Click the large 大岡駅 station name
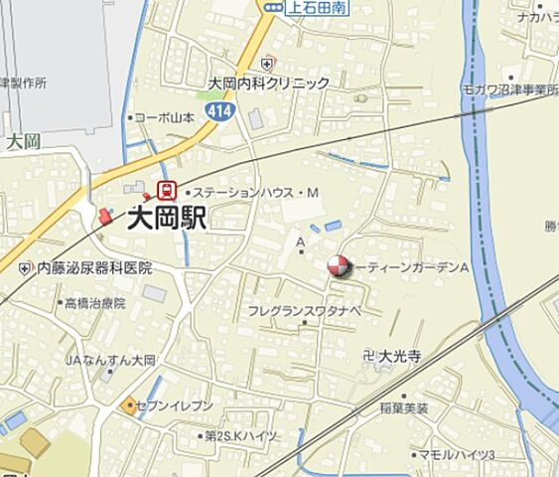(x=167, y=218)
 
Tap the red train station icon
(x=167, y=189)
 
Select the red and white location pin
(x=338, y=266)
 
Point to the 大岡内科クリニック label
(x=268, y=83)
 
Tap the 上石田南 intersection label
(x=315, y=7)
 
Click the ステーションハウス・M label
(x=254, y=191)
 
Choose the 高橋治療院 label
(x=95, y=303)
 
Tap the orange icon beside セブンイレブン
(x=129, y=404)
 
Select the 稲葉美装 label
(x=404, y=407)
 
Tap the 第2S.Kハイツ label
(x=242, y=435)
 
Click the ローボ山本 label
(x=166, y=116)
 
